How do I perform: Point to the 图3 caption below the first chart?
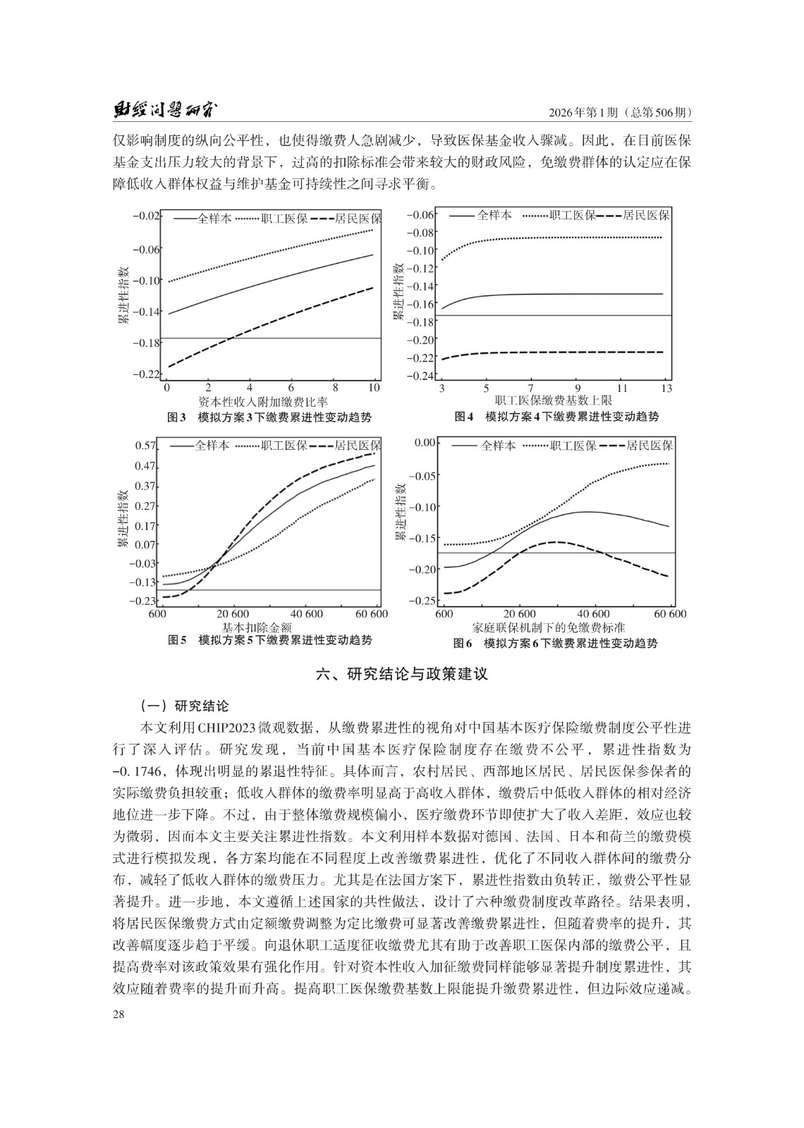pos(269,417)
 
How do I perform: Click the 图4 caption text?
pos(556,417)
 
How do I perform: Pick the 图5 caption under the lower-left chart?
pos(269,640)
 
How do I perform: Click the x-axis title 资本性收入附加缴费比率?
pos(262,402)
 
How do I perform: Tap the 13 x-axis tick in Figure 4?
pos(666,388)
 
